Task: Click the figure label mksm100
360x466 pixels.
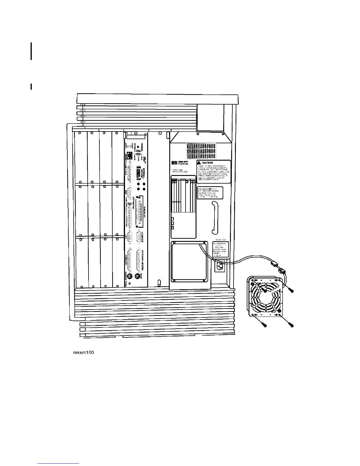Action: [x=83, y=352]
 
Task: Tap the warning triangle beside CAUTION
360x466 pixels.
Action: [x=199, y=163]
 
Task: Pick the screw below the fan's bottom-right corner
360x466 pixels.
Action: [x=291, y=325]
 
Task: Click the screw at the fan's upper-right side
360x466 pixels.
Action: [x=291, y=290]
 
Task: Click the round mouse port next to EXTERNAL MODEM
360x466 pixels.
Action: [x=137, y=276]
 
